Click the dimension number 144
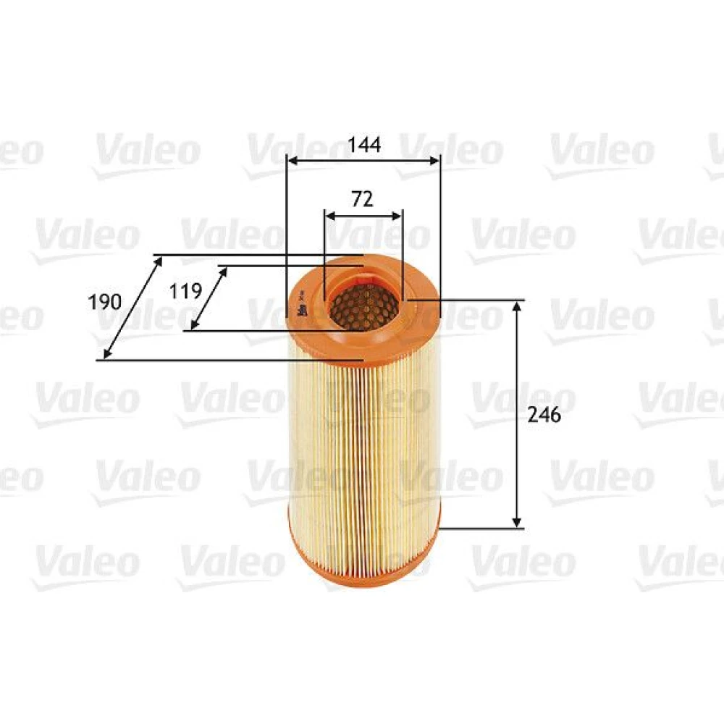[x=364, y=145]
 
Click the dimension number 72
[x=363, y=199]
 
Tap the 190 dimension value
[x=105, y=302]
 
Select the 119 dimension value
[x=185, y=291]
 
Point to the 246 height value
[x=544, y=415]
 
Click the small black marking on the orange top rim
[x=303, y=306]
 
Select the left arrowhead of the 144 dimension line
[x=292, y=161]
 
